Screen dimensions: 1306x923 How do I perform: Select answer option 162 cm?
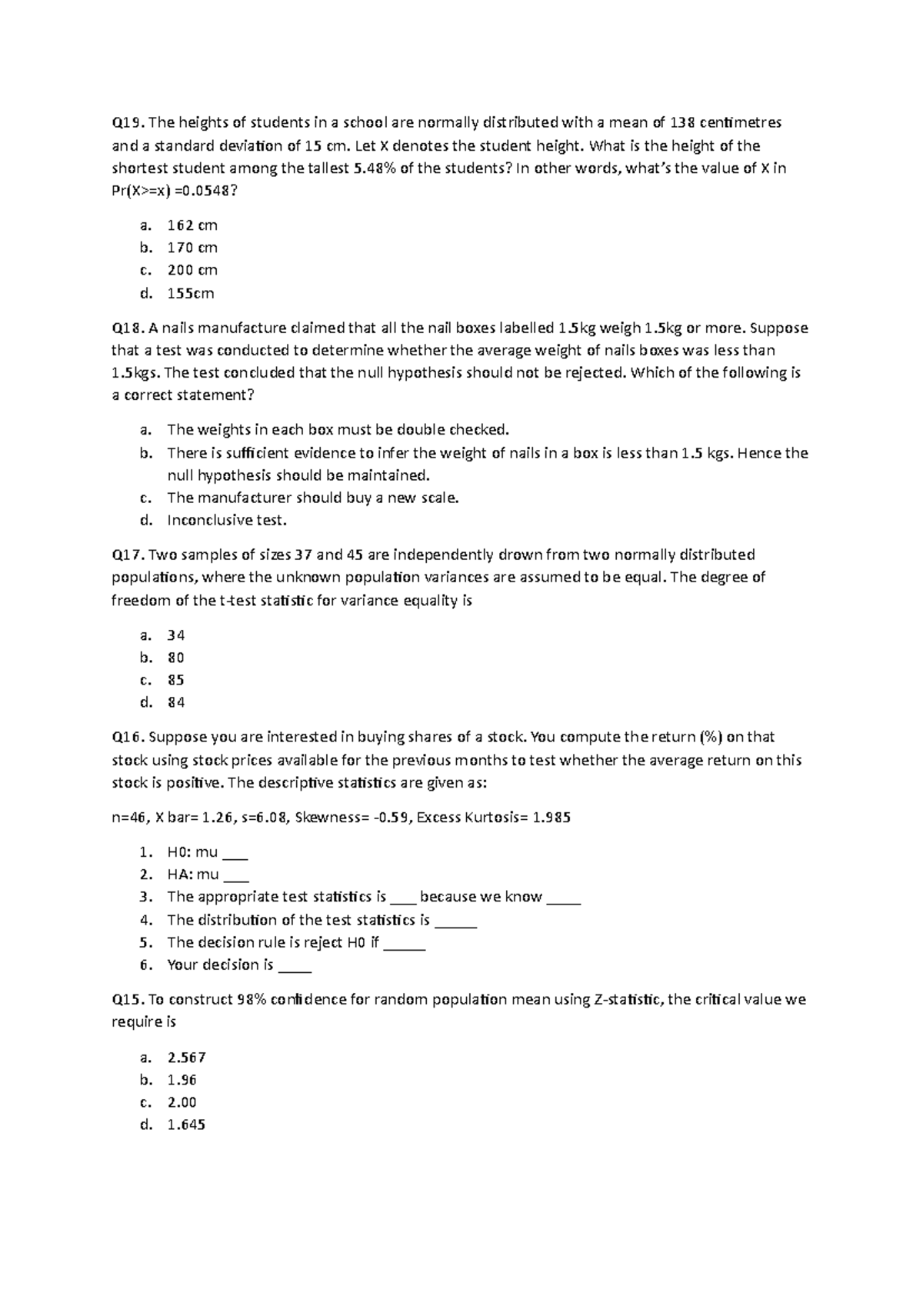[192, 225]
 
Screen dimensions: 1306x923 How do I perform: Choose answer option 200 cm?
[192, 270]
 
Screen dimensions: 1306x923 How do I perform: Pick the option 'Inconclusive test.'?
[227, 521]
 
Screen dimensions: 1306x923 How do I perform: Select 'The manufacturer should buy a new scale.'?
[313, 498]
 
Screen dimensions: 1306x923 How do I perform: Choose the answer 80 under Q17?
[176, 658]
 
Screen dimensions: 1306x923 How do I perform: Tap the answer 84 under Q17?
[176, 702]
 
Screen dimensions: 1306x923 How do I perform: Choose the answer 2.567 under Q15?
[186, 1058]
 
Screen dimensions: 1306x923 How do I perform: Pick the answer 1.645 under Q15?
[186, 1125]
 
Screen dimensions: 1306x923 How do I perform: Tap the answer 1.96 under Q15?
[182, 1080]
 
